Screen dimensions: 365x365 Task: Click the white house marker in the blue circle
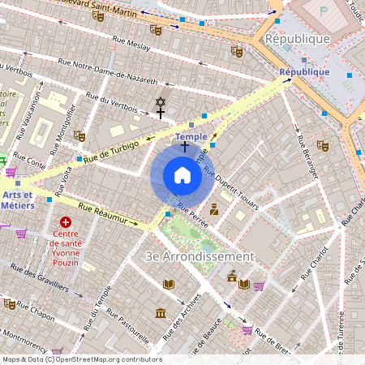[182, 175]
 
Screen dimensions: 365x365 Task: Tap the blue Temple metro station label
[191, 137]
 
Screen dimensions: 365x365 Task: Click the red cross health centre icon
[66, 221]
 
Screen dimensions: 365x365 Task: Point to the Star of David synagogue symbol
[160, 102]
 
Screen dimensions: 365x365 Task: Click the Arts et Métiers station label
[17, 200]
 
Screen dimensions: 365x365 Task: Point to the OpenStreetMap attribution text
[81, 359]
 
